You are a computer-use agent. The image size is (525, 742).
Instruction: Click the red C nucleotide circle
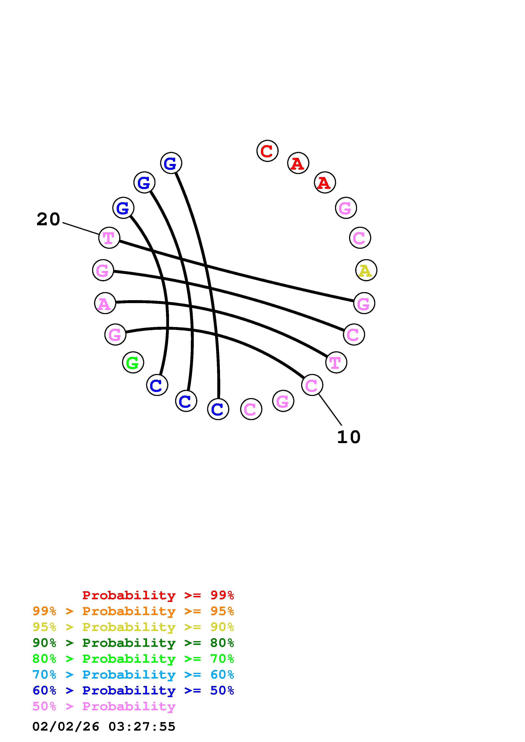point(267,151)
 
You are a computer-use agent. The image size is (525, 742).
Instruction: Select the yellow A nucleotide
point(366,270)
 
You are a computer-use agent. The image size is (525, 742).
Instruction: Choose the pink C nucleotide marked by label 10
point(312,385)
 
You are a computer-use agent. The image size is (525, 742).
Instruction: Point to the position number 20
point(48,219)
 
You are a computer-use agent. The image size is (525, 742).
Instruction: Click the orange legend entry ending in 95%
point(133,611)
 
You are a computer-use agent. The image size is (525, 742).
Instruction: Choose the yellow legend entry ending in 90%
point(133,627)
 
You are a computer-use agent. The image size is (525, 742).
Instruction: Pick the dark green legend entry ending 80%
point(133,643)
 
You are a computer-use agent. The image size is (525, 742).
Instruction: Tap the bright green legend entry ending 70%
point(133,659)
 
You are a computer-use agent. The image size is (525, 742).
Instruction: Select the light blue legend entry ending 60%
point(133,675)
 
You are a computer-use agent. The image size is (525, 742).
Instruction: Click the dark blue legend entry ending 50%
point(133,690)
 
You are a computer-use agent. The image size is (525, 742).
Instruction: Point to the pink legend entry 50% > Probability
point(104,706)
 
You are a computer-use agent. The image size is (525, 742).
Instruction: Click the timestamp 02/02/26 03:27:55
point(104,727)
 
